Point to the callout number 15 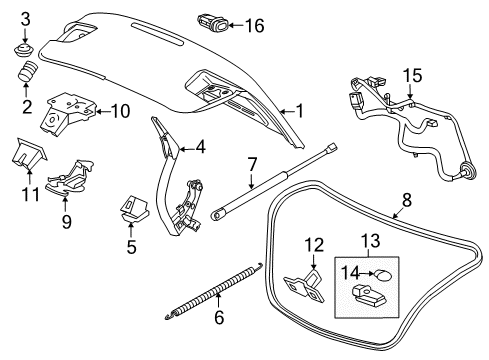[x=412, y=75]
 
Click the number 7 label [x=253, y=162]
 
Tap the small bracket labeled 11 [x=29, y=152]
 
